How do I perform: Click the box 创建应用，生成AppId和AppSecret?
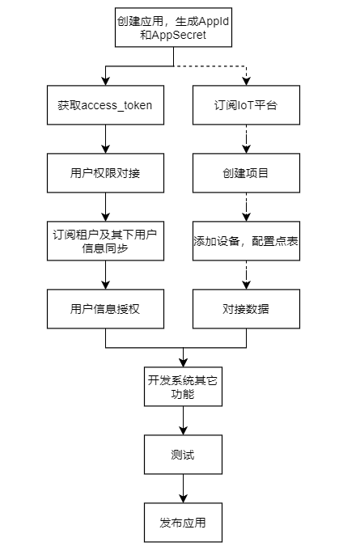pyautogui.click(x=173, y=28)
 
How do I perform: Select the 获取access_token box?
pyautogui.click(x=105, y=105)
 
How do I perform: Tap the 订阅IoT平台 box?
pyautogui.click(x=247, y=105)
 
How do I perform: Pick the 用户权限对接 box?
pyautogui.click(x=105, y=173)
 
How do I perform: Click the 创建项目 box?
pyautogui.click(x=247, y=173)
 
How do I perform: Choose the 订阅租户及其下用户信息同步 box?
pyautogui.click(x=105, y=241)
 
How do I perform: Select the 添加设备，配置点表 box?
pyautogui.click(x=247, y=241)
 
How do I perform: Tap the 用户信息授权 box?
pyautogui.click(x=105, y=309)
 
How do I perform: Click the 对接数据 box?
pyautogui.click(x=247, y=309)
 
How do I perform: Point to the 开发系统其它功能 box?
pyautogui.click(x=183, y=387)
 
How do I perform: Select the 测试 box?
pyautogui.click(x=183, y=455)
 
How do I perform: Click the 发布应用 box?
pyautogui.click(x=183, y=523)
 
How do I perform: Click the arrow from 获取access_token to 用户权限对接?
pyautogui.click(x=105, y=139)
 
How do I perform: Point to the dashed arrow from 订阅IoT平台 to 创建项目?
pyautogui.click(x=247, y=139)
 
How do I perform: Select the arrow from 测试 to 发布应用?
pyautogui.click(x=183, y=489)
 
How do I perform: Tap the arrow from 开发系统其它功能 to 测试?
pyautogui.click(x=183, y=421)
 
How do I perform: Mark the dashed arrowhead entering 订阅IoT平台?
pyautogui.click(x=247, y=81)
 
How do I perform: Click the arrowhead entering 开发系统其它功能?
pyautogui.click(x=183, y=362)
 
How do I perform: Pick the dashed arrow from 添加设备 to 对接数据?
pyautogui.click(x=247, y=275)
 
